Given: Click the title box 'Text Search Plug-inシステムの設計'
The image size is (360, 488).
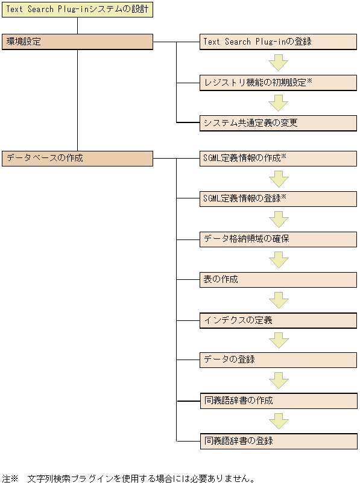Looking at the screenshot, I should click(x=77, y=10).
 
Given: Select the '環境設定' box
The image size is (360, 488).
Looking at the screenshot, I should click(x=77, y=42).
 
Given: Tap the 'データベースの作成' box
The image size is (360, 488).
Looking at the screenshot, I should click(x=77, y=158).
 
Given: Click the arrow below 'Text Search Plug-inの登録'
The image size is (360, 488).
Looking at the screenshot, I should click(x=279, y=62).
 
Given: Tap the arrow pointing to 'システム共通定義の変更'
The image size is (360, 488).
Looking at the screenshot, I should click(x=279, y=103).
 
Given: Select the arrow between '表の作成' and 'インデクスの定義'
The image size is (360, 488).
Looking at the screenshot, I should click(x=279, y=300).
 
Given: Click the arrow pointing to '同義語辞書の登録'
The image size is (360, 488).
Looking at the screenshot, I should click(x=279, y=420).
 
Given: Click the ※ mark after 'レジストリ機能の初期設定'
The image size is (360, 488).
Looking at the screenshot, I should click(x=309, y=80).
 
